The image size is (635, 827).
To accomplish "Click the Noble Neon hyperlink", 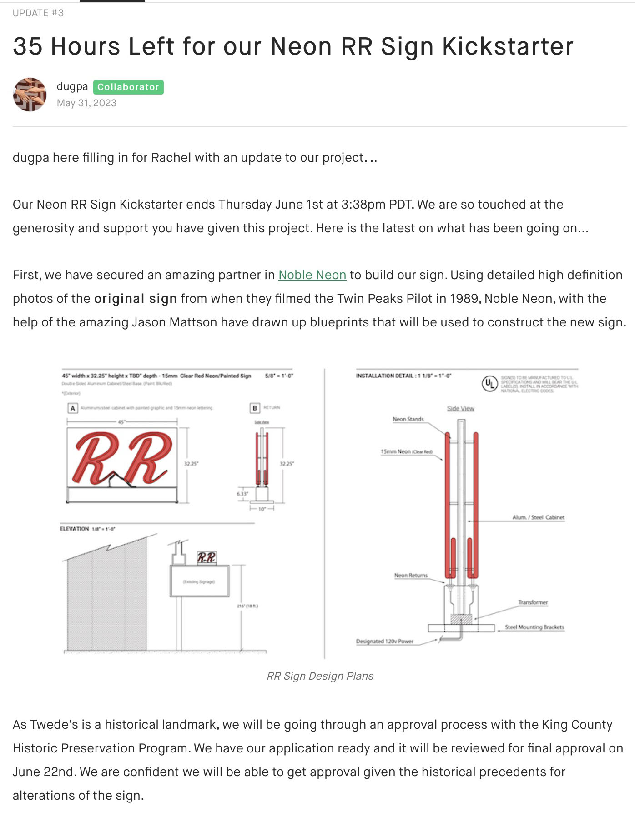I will (x=312, y=275).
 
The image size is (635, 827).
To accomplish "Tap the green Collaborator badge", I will (x=128, y=87).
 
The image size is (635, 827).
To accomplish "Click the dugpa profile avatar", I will (x=30, y=95).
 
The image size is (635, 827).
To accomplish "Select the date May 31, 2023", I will (x=86, y=103).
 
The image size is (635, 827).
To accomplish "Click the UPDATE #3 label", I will (x=38, y=13).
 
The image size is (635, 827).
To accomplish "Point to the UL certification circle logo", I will (x=489, y=384).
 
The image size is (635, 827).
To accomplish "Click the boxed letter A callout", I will (x=72, y=408).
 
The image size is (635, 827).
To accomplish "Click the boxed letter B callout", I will (x=255, y=408).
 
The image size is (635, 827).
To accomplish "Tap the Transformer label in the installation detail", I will (x=533, y=602).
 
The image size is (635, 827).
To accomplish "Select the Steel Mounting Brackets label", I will (x=534, y=627).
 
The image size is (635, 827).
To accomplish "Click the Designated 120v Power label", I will (x=384, y=642).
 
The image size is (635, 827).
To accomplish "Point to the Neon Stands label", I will (x=408, y=419).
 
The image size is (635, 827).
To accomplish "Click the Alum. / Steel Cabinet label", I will (x=538, y=517).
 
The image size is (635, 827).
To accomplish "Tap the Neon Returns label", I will (x=411, y=576).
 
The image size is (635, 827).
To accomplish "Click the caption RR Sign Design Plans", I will (x=320, y=676).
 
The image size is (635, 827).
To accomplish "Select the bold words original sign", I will (x=135, y=299).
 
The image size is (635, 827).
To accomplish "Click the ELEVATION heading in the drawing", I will (x=74, y=529).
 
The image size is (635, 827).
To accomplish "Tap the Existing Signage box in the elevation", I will (x=199, y=581).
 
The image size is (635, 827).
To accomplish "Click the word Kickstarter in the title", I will (x=508, y=46).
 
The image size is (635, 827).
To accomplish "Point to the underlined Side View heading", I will (x=460, y=408).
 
